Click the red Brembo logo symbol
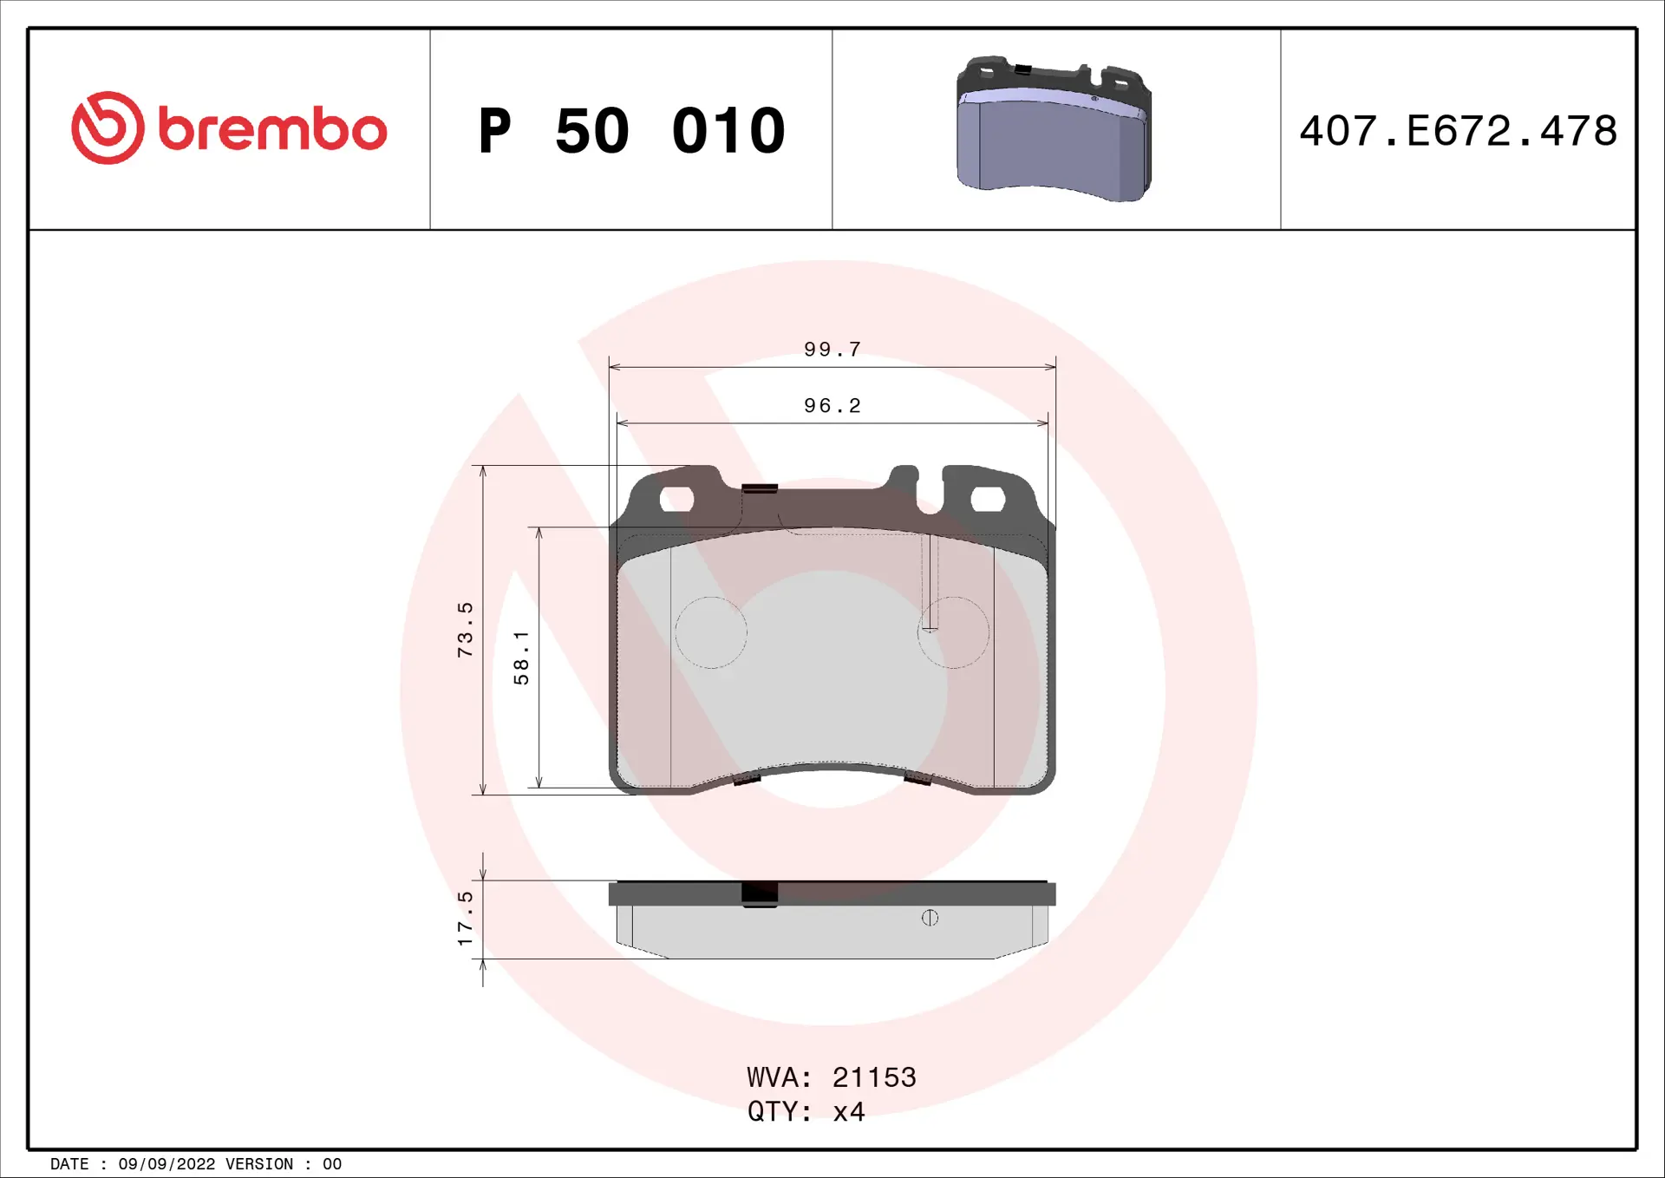pos(108,128)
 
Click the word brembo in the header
pos(272,130)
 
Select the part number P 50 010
pos(631,131)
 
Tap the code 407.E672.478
pos(1458,131)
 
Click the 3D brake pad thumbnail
pos(1054,129)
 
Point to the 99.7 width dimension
pos(832,350)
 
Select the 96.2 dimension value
pos(832,406)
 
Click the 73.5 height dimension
pos(466,629)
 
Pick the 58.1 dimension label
pos(521,658)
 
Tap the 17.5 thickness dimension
pos(466,918)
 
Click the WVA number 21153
pos(873,1077)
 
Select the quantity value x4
pos(848,1112)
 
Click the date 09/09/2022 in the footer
pos(166,1164)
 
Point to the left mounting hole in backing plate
pos(676,499)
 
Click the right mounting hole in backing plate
pos(987,499)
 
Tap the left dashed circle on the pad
pos(711,632)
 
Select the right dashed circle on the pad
pos(953,632)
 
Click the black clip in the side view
pos(760,893)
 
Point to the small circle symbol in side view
pos(930,918)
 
